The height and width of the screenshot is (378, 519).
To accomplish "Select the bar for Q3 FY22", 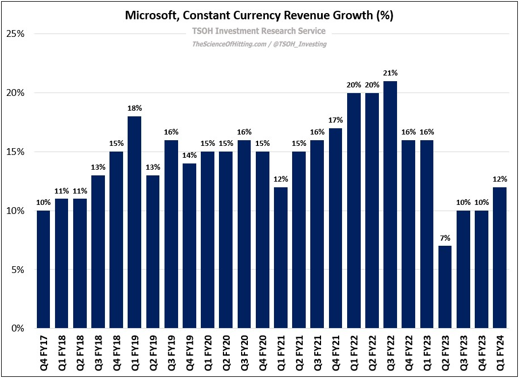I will (x=390, y=205).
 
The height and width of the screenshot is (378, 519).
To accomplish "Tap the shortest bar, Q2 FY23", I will (x=445, y=287).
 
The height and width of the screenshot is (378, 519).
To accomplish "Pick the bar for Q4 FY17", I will (x=44, y=270).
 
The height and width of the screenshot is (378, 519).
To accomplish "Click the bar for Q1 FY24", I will (x=500, y=258).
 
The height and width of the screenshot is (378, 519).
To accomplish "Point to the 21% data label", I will (x=390, y=73).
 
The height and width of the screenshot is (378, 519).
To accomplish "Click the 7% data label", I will (x=445, y=238).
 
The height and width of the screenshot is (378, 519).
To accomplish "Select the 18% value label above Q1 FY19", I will (x=134, y=108).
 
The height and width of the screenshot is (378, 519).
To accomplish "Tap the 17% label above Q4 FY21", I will (x=336, y=120).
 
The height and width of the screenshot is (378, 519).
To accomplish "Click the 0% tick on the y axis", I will (x=17, y=329).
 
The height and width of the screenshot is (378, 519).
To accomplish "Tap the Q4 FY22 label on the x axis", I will (x=409, y=351).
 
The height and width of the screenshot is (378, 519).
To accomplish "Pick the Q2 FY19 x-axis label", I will (x=153, y=351).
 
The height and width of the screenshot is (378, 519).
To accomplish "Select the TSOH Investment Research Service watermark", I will (x=259, y=31).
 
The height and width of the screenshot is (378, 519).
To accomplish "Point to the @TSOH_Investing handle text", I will (x=302, y=44).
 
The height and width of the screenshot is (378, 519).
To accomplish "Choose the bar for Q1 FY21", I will (x=281, y=258).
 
